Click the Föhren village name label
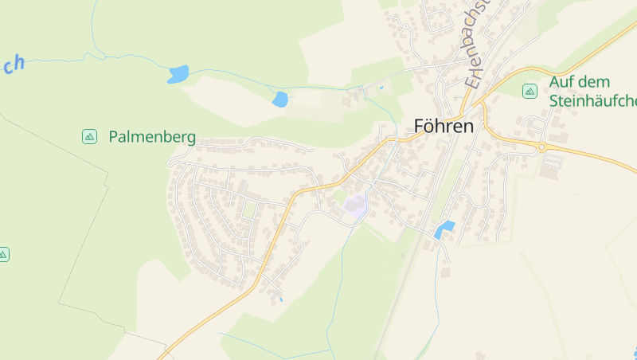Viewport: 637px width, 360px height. point(444,127)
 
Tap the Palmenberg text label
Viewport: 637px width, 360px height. point(152,137)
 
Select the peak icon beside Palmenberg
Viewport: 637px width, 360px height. point(89,137)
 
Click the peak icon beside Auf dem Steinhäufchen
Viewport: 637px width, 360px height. point(530,92)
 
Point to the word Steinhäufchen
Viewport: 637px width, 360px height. point(593,101)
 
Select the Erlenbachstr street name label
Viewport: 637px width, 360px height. point(476,44)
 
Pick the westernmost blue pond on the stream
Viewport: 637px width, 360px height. point(178,75)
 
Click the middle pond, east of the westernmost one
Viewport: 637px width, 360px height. point(279,100)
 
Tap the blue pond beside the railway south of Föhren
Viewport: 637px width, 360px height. point(444,229)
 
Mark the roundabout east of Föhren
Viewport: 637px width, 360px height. point(541,147)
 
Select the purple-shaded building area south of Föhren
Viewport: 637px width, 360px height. point(355,206)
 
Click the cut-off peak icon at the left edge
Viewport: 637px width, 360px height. point(3,255)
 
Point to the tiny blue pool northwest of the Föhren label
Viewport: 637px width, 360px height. point(381,88)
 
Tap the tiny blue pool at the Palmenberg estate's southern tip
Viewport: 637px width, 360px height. point(280,299)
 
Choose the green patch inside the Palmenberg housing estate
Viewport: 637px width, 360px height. point(249,209)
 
